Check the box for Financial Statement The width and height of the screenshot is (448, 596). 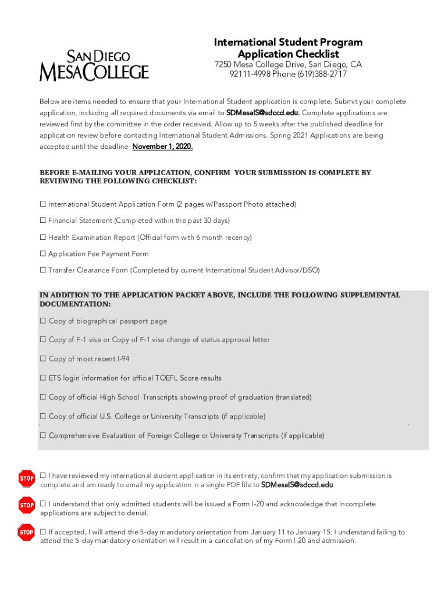(x=42, y=221)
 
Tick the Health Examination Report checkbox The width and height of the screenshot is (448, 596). (x=42, y=237)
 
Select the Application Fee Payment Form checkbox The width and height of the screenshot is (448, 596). (x=42, y=254)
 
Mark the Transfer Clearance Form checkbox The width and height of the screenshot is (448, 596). (x=42, y=270)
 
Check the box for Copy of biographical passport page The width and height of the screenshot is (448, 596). (x=43, y=321)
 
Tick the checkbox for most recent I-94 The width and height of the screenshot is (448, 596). (x=43, y=359)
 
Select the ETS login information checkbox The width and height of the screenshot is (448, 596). (x=43, y=378)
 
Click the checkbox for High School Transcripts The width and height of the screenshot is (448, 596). (x=43, y=397)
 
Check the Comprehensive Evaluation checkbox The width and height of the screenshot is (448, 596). (x=43, y=435)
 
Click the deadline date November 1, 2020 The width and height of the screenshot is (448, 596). (x=162, y=147)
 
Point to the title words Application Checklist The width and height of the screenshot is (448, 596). (x=288, y=54)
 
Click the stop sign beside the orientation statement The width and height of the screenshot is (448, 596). (x=27, y=532)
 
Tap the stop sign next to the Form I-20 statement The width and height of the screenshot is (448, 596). (x=27, y=505)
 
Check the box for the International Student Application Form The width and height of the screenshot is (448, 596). (x=42, y=204)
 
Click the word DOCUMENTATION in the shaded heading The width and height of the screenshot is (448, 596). (x=75, y=304)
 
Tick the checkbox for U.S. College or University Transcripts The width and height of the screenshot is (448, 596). (x=43, y=416)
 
